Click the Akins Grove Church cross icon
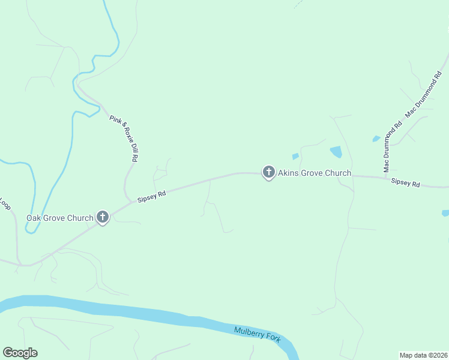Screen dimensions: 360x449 click(268, 173)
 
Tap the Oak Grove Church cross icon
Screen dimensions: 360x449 click(103, 217)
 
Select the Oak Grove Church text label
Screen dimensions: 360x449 click(59, 218)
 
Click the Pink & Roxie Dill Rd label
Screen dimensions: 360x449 click(124, 139)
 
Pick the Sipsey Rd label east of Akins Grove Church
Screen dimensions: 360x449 click(405, 182)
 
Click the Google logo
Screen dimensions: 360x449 click(20, 353)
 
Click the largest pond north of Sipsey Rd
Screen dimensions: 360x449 click(336, 152)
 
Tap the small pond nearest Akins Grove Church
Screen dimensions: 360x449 click(295, 157)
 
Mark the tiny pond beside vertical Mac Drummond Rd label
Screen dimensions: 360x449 click(376, 139)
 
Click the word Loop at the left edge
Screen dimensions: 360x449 click(5, 204)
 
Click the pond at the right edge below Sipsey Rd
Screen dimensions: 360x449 click(445, 213)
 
